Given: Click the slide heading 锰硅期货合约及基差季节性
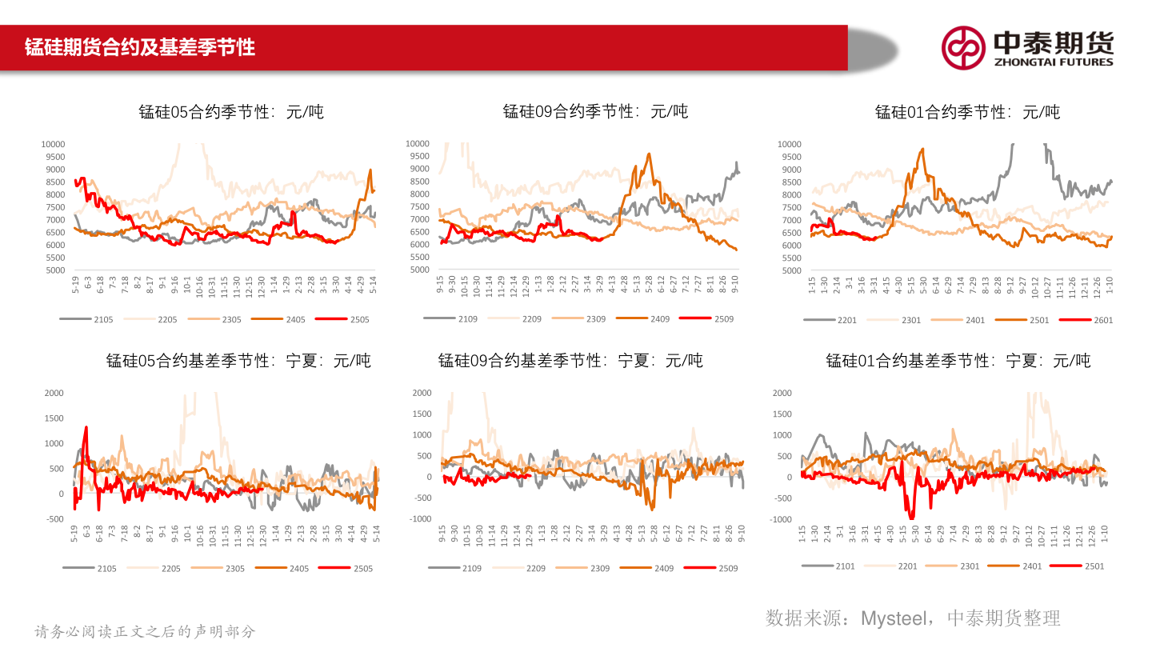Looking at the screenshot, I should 140,47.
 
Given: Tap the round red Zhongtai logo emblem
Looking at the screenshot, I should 962,47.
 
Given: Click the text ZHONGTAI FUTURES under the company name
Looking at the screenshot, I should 1053,62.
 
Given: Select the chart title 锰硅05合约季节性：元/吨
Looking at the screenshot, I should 231,112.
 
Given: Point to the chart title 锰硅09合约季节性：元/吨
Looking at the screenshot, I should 595,112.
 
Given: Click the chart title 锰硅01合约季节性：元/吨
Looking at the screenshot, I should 967,112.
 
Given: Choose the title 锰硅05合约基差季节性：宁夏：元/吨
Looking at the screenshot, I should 238,361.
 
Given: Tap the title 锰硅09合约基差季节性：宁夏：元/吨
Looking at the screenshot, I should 570,361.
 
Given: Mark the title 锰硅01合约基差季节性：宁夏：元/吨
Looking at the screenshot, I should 958,361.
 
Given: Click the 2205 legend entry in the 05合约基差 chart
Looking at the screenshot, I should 170,569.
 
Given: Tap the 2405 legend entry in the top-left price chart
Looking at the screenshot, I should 295,320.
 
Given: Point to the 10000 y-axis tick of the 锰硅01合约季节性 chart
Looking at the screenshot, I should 789,144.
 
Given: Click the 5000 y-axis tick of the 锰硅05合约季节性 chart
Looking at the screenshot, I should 54,270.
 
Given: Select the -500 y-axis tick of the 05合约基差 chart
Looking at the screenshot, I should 54,519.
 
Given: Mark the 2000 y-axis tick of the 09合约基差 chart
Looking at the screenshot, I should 422,393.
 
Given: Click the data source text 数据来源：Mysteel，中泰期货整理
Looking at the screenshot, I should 913,618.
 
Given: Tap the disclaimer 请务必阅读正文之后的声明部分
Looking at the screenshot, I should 145,631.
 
